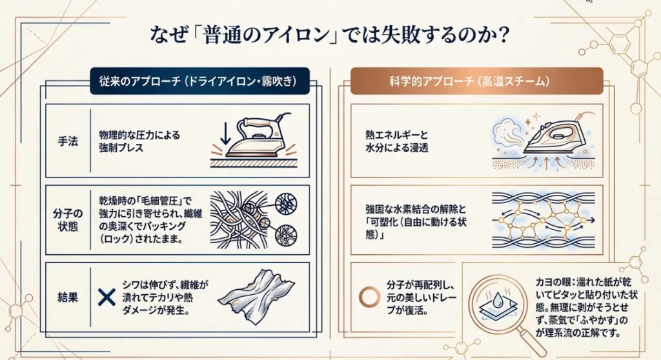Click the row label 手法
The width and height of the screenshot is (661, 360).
[x=64, y=141]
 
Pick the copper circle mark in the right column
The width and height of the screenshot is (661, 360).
[x=369, y=296]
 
